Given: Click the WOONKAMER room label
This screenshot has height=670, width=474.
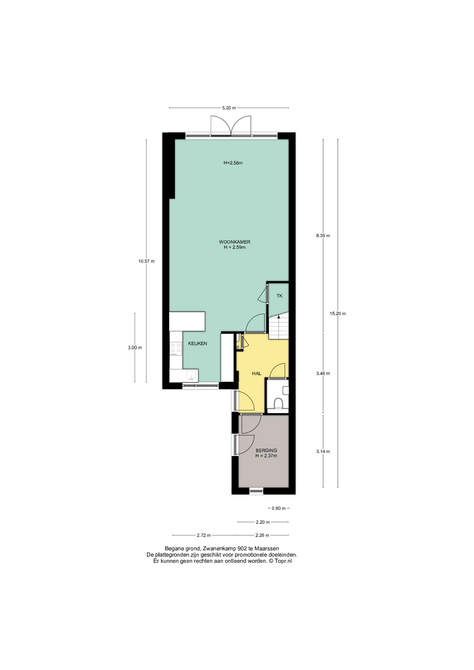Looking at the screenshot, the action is pos(235,242).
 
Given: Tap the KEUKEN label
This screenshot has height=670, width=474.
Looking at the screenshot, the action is pos(198,343).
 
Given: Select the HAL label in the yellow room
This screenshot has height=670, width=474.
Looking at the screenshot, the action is pos(257,373).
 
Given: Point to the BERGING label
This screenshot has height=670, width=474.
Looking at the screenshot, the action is pos(266,450).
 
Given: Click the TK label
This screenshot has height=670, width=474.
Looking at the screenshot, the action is pos(279,296).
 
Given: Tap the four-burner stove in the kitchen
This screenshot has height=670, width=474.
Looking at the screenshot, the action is pos(176,348).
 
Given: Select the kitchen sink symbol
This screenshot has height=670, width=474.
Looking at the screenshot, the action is pos(191,375).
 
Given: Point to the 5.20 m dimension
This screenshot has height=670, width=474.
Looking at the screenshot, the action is pos(229,108).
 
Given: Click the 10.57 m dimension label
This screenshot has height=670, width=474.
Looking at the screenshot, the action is pos(146,261).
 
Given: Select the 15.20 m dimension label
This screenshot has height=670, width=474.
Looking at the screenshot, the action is pos(338,313).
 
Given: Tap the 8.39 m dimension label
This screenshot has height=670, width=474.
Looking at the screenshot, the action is pos(323,236).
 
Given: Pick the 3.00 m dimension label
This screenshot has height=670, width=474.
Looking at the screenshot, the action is pos(135,348).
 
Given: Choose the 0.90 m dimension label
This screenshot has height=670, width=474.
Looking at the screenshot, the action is pos(279,508).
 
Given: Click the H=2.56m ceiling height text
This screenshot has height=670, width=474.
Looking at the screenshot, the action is pos(233,163).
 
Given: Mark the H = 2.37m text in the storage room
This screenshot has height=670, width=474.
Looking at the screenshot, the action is pos(266,456).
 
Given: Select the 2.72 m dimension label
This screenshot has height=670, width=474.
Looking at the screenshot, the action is pos(204,535).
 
